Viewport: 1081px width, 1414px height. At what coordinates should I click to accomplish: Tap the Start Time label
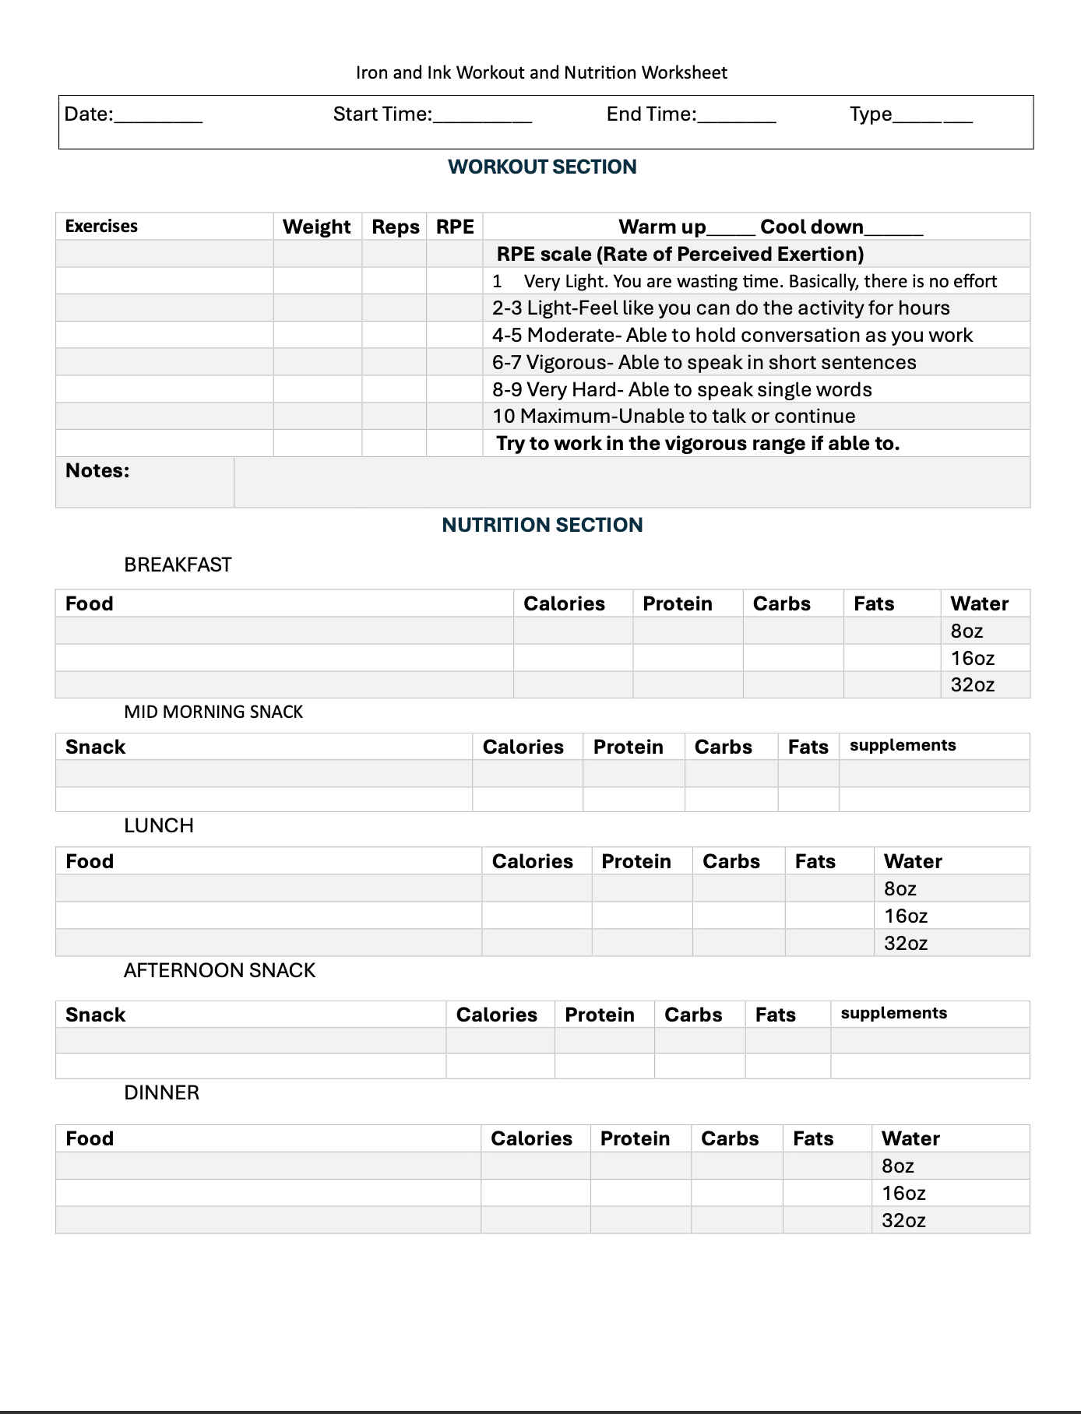pos(382,114)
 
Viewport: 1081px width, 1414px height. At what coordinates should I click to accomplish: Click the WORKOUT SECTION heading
pos(542,167)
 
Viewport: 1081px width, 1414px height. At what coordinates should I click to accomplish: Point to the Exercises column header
pos(101,227)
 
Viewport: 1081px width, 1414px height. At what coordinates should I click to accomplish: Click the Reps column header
pos(395,227)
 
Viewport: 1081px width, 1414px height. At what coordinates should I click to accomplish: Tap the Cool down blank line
pos(893,231)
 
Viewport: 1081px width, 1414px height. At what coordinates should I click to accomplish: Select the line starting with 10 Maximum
pos(674,416)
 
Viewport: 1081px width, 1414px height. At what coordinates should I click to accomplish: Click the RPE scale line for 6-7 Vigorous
pos(704,362)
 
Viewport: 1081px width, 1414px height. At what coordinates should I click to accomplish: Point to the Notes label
pos(97,470)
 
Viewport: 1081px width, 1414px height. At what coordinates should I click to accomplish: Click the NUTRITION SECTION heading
pos(542,525)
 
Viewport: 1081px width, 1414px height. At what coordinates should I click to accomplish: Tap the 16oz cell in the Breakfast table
pos(973,658)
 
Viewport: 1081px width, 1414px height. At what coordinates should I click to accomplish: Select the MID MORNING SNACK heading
pos(213,712)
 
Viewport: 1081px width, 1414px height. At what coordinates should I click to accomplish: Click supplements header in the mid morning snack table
pos(903,745)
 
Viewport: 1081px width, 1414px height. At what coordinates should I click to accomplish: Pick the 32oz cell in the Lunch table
pos(906,943)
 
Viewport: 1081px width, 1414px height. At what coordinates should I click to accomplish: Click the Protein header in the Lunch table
pos(636,861)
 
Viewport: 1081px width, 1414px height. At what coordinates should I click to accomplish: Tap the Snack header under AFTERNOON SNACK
pos(95,1015)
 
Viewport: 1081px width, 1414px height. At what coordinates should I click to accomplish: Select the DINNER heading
pos(161,1092)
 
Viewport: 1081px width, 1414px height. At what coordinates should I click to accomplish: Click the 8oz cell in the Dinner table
pos(898,1166)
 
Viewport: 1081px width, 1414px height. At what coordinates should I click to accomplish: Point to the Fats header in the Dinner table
pos(813,1138)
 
